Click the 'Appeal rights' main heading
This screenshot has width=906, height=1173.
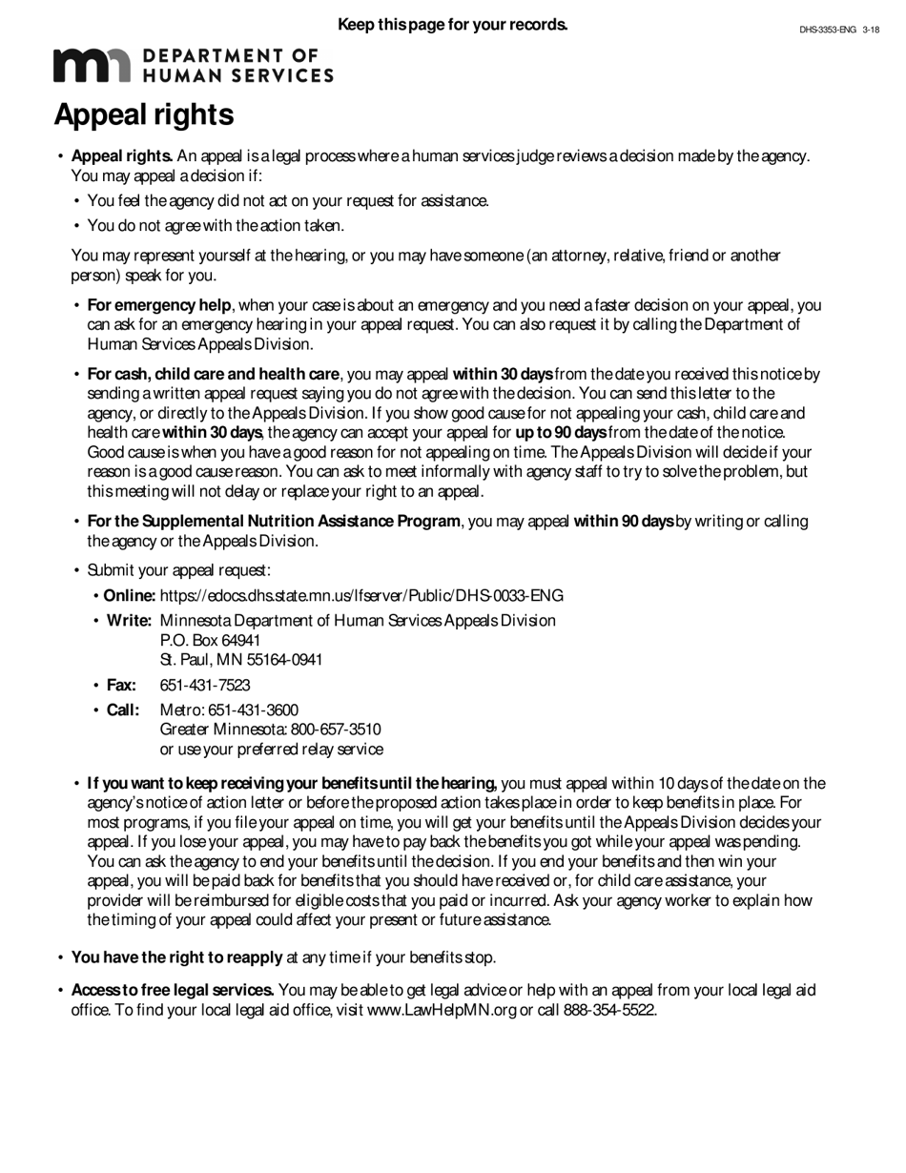click(x=144, y=114)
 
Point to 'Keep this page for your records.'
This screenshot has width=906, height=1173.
click(x=453, y=24)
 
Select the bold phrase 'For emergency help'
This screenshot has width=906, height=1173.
click(x=159, y=305)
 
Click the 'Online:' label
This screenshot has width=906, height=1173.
click(x=130, y=596)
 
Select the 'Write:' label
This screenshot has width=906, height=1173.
click(x=129, y=621)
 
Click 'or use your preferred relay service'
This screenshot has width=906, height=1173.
click(x=272, y=750)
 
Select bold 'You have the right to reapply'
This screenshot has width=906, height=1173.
click(x=176, y=957)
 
